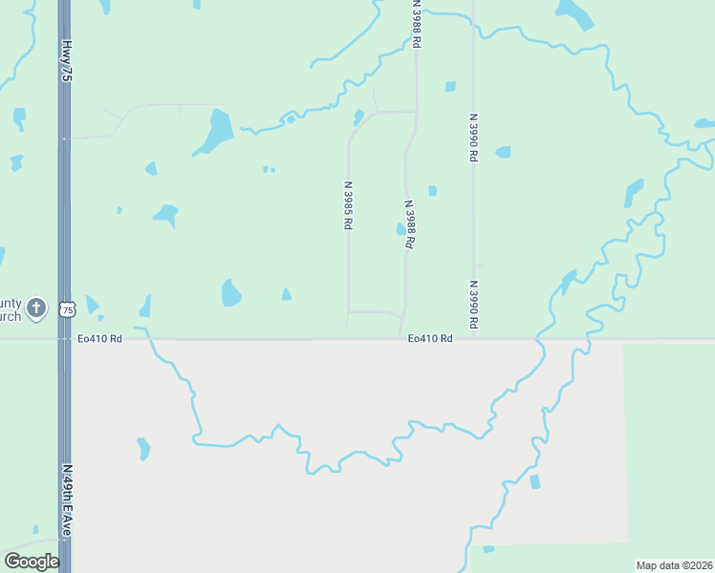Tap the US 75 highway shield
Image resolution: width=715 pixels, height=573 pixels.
click(x=67, y=309)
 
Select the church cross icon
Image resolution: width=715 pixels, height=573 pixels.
click(x=36, y=308)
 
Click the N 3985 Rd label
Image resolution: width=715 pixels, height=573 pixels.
click(x=349, y=204)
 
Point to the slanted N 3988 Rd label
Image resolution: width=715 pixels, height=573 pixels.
click(x=409, y=224)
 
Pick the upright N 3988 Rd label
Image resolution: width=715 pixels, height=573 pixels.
click(x=417, y=25)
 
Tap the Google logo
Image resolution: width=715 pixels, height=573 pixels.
click(x=32, y=562)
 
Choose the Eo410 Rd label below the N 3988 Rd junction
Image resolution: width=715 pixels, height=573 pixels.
click(x=429, y=338)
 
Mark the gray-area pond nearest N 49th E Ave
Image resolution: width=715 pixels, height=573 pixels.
click(x=143, y=448)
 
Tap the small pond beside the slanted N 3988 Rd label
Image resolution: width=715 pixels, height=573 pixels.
click(x=401, y=229)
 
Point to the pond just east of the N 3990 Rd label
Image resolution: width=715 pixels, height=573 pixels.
click(x=503, y=152)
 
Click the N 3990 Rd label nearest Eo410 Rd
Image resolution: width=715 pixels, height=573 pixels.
click(x=473, y=306)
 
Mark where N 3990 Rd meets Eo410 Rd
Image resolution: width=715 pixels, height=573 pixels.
click(x=474, y=338)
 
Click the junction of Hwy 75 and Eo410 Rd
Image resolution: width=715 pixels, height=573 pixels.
click(x=64, y=338)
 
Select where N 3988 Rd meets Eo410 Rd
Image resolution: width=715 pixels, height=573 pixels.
click(x=400, y=338)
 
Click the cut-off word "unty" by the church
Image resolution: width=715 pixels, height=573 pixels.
click(x=11, y=301)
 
